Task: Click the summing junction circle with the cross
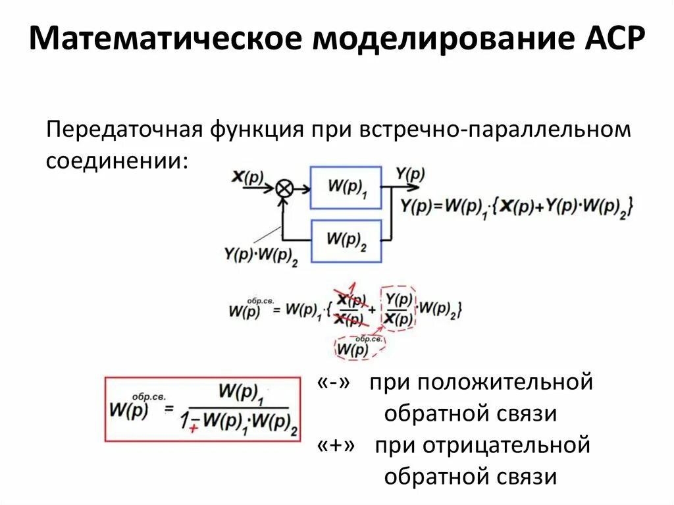pos(284,188)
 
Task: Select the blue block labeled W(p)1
pos(346,188)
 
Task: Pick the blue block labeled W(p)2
pos(346,240)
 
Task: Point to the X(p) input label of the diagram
pos(247,176)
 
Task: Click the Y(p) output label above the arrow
pos(410,174)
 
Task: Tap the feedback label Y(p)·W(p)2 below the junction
pos(261,256)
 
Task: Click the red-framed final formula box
pos(202,408)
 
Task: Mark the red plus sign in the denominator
pos(194,429)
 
